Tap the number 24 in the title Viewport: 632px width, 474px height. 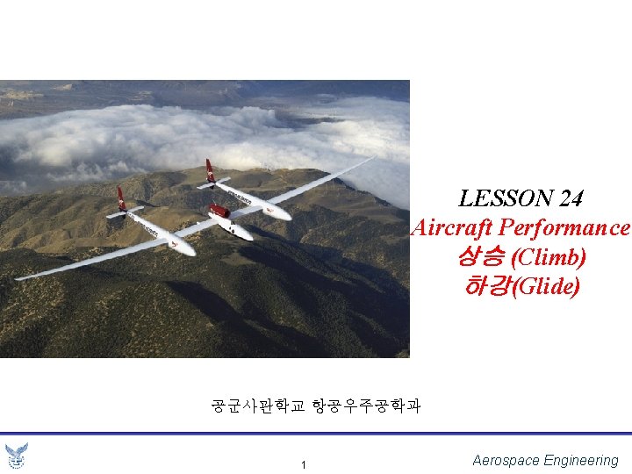(x=571, y=199)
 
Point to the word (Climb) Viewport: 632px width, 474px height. (x=549, y=257)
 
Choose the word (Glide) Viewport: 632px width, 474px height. (x=548, y=286)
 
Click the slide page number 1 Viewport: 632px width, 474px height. (x=303, y=464)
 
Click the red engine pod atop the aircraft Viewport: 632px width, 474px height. (x=219, y=211)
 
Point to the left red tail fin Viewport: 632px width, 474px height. (x=122, y=198)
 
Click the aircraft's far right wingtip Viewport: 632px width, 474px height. (x=373, y=158)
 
